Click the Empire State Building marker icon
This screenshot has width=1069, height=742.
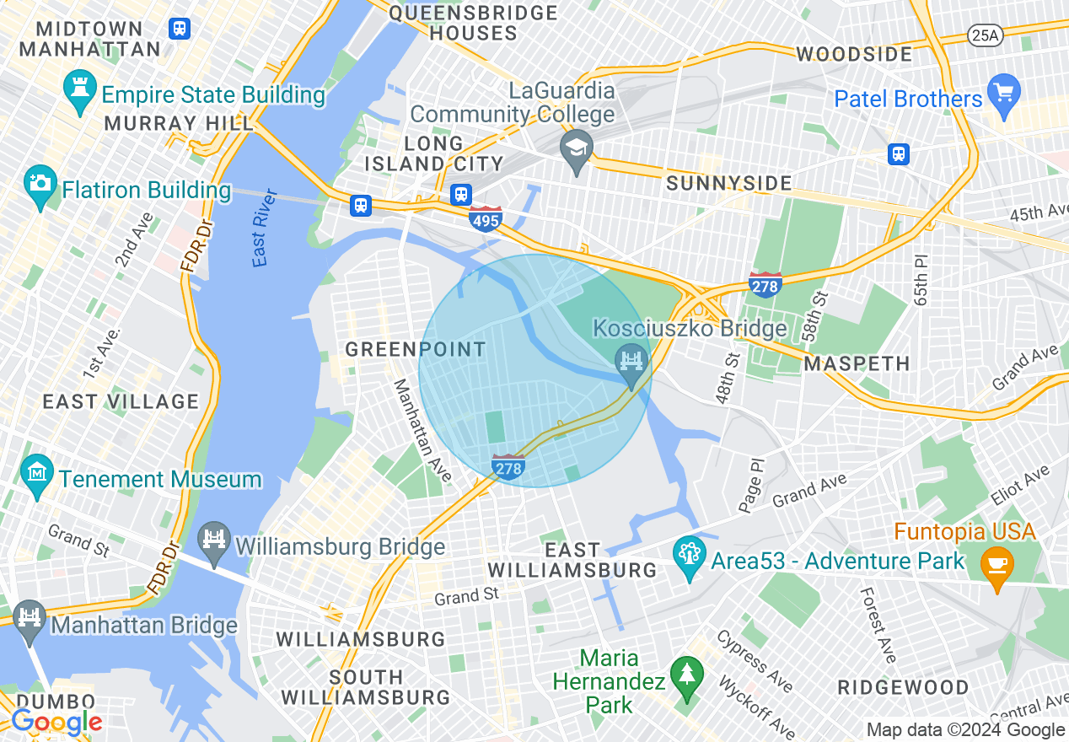(x=80, y=93)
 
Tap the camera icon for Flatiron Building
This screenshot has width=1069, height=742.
(x=40, y=189)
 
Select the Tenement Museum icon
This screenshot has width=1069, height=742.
(x=38, y=477)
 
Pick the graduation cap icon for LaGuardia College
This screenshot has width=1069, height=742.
(x=577, y=150)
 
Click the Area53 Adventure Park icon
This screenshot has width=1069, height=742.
(x=690, y=558)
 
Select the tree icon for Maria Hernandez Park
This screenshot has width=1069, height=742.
(x=688, y=677)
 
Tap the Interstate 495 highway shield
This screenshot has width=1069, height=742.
(x=486, y=219)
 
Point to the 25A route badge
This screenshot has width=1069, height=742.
(x=985, y=35)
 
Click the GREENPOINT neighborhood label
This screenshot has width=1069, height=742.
(x=416, y=349)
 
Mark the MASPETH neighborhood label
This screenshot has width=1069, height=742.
(x=857, y=364)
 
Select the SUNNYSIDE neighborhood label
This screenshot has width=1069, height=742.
(x=729, y=183)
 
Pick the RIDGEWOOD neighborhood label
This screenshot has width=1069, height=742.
(x=903, y=687)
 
